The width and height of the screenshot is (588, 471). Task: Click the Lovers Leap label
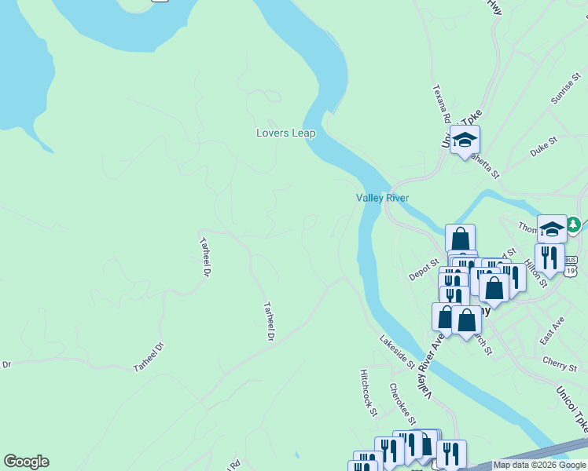[x=286, y=133]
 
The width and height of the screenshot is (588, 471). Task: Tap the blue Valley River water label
[x=383, y=199]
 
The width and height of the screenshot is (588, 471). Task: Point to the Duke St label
[x=543, y=146]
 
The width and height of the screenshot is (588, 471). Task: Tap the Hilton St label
[x=537, y=270]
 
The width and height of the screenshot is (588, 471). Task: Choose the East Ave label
[x=553, y=330]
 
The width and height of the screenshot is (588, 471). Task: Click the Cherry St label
[x=560, y=363]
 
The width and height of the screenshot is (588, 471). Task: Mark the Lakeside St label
[x=397, y=352]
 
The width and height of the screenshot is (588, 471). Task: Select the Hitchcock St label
[x=369, y=392]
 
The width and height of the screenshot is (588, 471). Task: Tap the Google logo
[x=26, y=462]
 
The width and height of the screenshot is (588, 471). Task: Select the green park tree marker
[x=575, y=225]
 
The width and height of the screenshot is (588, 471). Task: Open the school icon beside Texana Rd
[x=465, y=140]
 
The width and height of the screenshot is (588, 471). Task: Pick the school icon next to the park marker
[x=552, y=228]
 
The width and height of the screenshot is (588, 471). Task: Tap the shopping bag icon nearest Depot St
[x=460, y=238]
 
